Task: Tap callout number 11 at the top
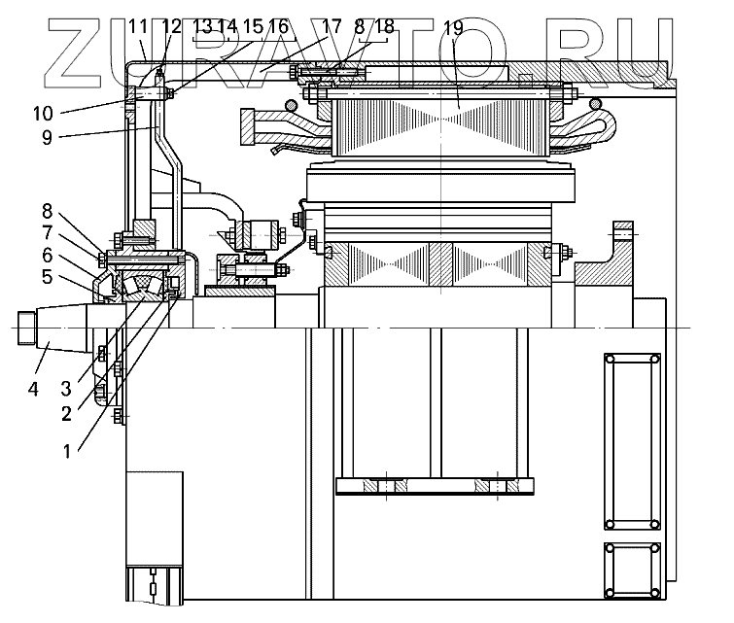(x=137, y=26)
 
